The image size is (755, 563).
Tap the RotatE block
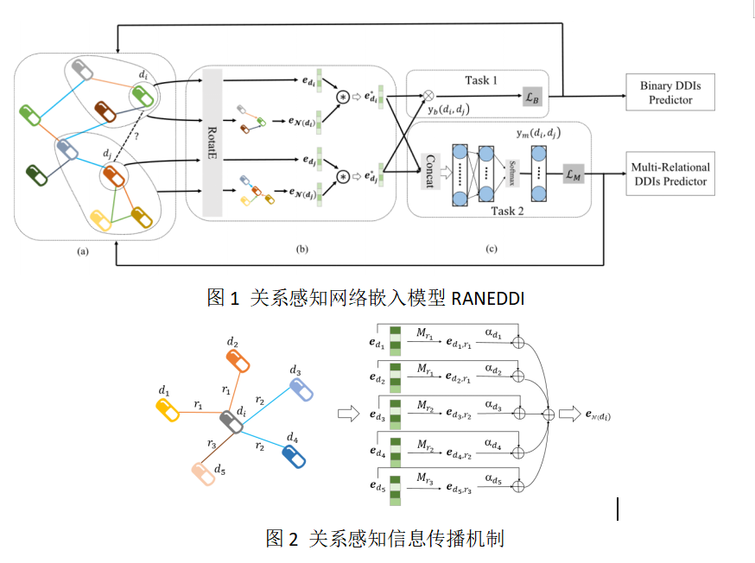click(x=212, y=142)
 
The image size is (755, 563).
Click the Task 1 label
click(x=481, y=80)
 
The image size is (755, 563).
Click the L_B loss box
click(x=533, y=98)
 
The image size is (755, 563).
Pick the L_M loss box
click(x=571, y=174)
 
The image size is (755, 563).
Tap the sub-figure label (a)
click(x=83, y=250)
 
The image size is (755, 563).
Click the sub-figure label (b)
click(x=301, y=250)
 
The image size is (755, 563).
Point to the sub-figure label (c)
click(x=491, y=250)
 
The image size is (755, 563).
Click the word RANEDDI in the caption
click(x=488, y=298)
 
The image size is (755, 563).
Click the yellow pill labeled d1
click(x=167, y=410)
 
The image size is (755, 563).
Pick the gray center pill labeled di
click(x=232, y=423)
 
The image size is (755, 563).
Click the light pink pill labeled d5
click(x=204, y=473)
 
